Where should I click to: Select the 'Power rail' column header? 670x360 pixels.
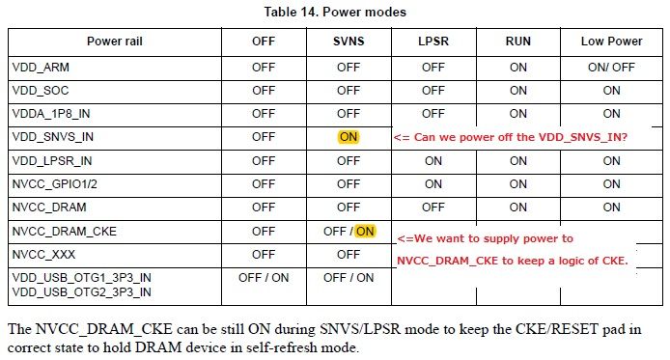point(115,42)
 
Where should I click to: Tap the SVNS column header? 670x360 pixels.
point(348,42)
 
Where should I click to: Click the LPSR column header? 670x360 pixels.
point(433,42)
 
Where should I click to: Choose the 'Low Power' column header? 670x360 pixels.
point(611,42)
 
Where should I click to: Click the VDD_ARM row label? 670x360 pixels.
point(42,68)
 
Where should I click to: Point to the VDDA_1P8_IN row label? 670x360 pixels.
point(53,114)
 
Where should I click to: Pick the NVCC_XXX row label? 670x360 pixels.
point(46,254)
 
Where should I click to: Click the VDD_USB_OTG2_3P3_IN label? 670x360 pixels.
point(82,291)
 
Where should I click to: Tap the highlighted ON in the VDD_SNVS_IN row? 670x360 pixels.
point(348,137)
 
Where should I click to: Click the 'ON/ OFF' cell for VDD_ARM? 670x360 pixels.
point(611,68)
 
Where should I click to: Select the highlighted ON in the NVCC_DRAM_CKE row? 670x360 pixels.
point(365,231)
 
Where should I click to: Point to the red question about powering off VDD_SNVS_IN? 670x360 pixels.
point(511,138)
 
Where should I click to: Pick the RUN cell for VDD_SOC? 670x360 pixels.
point(518,91)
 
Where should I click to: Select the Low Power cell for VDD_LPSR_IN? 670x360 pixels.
point(611,160)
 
